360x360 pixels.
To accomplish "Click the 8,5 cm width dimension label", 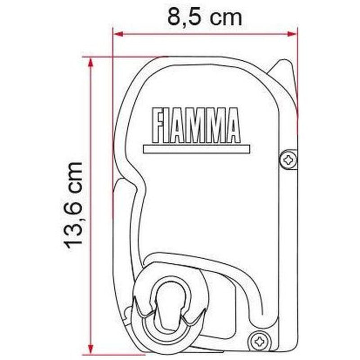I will click(x=205, y=17).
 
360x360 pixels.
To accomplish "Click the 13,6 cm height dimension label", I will click(x=73, y=205).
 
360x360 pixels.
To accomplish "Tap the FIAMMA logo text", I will click(x=196, y=126).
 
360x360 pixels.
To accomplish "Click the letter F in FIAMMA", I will click(x=159, y=126).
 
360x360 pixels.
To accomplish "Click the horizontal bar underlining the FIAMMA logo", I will click(x=196, y=149).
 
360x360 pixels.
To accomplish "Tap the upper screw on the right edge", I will click(x=288, y=159).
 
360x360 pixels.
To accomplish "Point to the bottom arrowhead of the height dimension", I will click(x=91, y=347).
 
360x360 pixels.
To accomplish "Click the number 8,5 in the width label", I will click(x=184, y=17).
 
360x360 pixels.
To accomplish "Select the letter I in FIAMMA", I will click(x=170, y=126).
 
